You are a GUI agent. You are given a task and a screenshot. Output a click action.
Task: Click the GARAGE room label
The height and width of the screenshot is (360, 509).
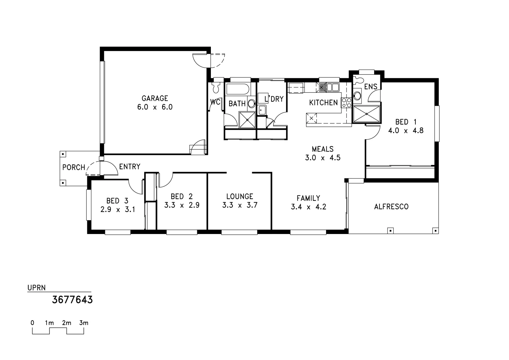point(155,98)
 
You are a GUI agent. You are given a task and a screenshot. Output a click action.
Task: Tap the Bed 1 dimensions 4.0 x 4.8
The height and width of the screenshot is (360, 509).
point(405,131)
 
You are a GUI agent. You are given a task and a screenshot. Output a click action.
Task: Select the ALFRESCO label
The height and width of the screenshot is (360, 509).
point(391,207)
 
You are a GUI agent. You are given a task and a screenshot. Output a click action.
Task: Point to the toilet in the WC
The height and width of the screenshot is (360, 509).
point(216,87)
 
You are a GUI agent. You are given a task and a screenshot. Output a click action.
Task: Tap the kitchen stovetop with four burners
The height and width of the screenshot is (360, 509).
point(346,103)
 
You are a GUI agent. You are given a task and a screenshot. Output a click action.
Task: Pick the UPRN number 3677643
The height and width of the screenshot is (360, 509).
point(72,300)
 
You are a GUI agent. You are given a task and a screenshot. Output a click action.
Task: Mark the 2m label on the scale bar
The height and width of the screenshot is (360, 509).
point(67,323)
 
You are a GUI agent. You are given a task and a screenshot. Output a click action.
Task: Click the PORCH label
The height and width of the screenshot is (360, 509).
point(74,167)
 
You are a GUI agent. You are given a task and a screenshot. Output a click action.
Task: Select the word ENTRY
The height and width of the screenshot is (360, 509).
point(130,167)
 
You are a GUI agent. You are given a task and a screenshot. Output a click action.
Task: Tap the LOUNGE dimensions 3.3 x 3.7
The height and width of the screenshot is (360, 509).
point(240,205)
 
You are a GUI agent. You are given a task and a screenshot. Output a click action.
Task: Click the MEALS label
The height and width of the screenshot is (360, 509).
point(322,149)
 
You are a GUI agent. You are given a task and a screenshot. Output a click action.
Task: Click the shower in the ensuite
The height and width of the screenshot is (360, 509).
point(366,114)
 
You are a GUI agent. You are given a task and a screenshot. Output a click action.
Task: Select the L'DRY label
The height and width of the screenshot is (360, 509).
point(274,99)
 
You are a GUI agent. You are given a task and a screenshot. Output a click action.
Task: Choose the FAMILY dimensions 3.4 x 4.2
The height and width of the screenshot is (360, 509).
point(308,207)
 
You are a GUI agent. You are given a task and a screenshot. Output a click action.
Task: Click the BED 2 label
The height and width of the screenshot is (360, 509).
point(182,197)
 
